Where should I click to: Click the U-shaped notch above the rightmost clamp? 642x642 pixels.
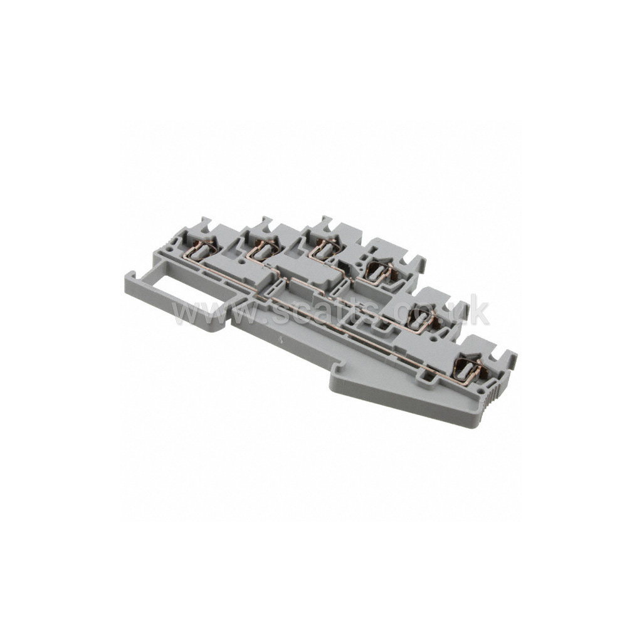tap(502, 355)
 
